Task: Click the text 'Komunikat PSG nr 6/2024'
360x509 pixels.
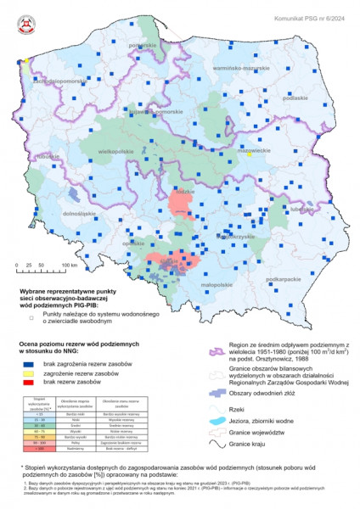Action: pos(311,14)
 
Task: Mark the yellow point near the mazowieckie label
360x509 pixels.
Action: pos(250,155)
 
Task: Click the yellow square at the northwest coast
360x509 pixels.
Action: pos(26,61)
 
